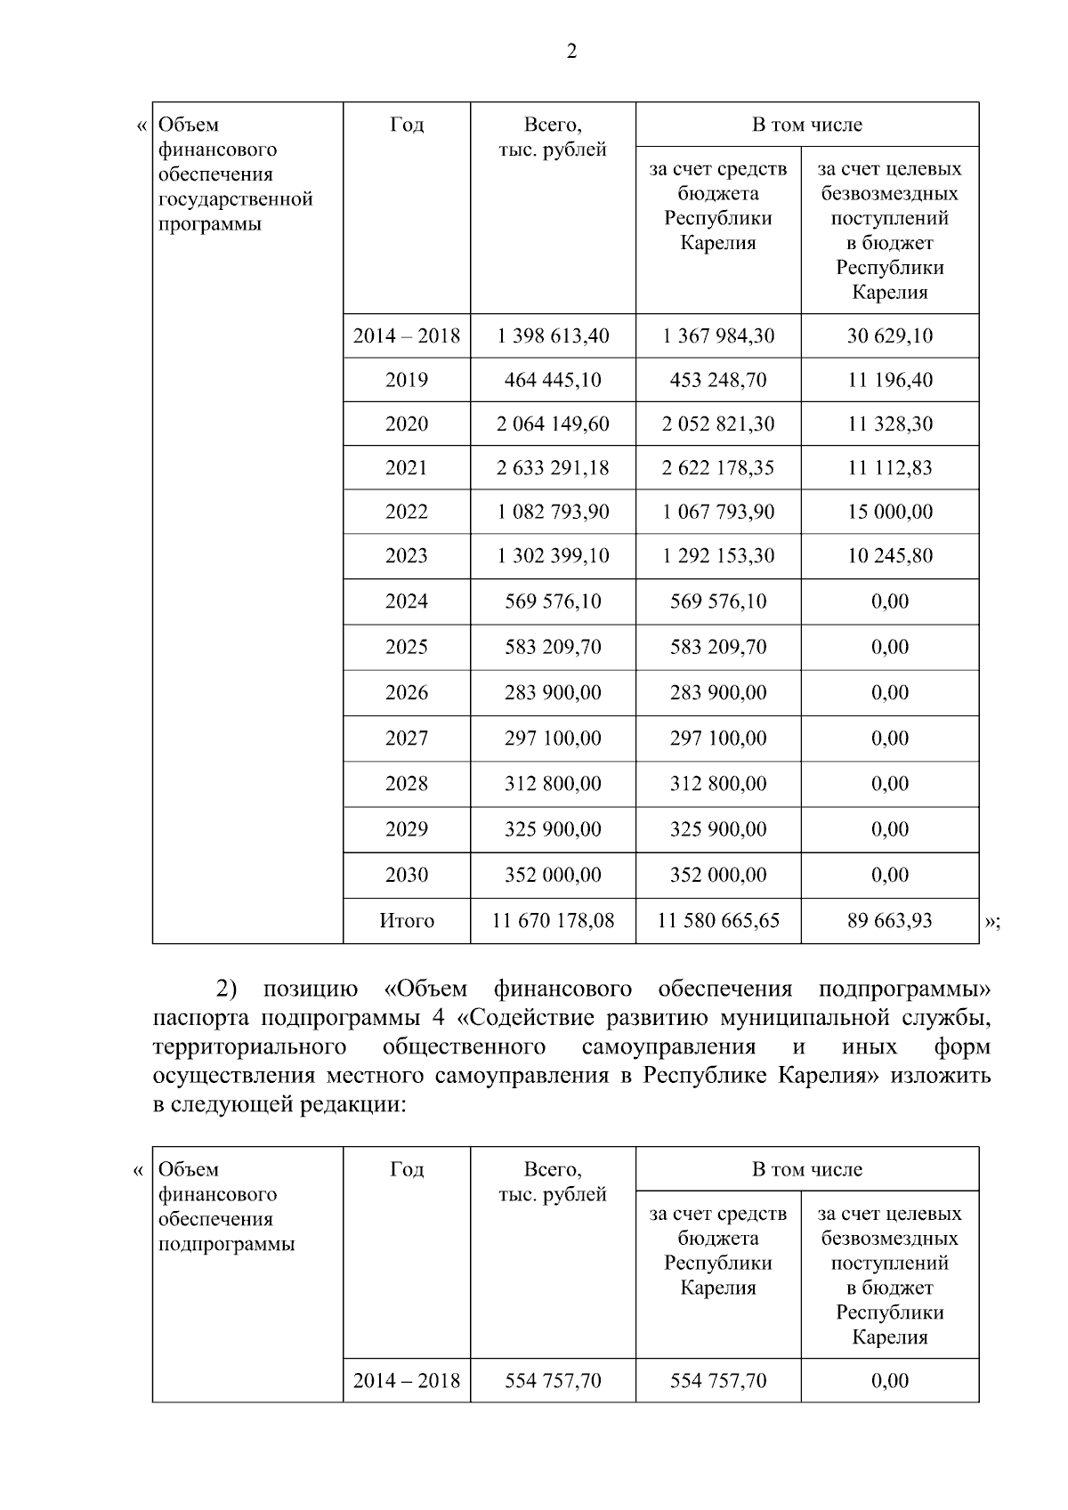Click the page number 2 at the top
point(571,52)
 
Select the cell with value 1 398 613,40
point(553,335)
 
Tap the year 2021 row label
point(406,467)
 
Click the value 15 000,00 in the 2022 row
point(889,512)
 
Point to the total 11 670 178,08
point(553,920)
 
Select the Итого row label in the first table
point(406,920)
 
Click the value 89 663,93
point(889,920)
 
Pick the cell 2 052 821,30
point(717,424)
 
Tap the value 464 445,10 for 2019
point(553,380)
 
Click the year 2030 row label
point(406,875)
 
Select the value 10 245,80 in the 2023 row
point(889,555)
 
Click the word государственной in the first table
point(235,199)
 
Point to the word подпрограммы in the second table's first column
point(226,1244)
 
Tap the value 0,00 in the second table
point(889,1380)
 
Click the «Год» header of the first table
point(406,125)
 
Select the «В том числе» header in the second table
point(806,1169)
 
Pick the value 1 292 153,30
point(717,555)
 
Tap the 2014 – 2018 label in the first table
point(406,335)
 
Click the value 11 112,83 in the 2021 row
point(889,467)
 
